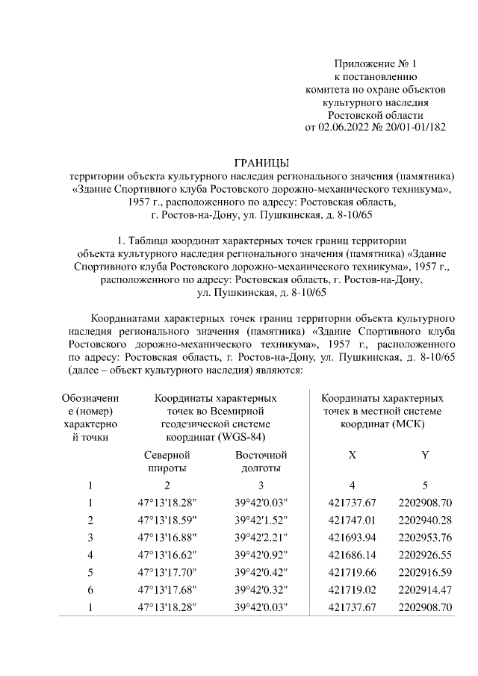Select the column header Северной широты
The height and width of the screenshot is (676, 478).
click(x=167, y=461)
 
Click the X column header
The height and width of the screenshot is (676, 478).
click(x=352, y=454)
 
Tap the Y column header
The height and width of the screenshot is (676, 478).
click(x=425, y=454)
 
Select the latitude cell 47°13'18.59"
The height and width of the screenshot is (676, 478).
click(x=167, y=519)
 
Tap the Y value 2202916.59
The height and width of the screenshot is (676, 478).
click(x=426, y=571)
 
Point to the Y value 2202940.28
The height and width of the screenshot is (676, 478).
click(x=426, y=519)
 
